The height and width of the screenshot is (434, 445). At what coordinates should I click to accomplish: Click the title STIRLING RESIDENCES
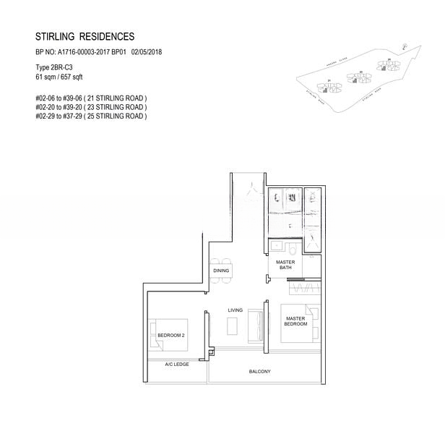pyautogui.click(x=85, y=36)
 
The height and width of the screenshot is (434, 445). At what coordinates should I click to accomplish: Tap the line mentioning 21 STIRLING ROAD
pyautogui.click(x=90, y=98)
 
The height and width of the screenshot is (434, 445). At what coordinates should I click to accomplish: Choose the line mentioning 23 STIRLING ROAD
pyautogui.click(x=90, y=106)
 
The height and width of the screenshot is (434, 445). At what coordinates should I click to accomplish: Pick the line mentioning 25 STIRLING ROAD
pyautogui.click(x=90, y=116)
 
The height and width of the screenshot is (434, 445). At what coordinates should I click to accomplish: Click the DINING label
pyautogui.click(x=221, y=271)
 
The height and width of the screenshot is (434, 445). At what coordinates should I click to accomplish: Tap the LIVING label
pyautogui.click(x=236, y=310)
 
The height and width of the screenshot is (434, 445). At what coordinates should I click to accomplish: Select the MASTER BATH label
pyautogui.click(x=285, y=265)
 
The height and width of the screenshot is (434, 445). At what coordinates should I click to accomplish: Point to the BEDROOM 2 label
pyautogui.click(x=171, y=336)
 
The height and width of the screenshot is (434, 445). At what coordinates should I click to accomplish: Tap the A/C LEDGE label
pyautogui.click(x=176, y=365)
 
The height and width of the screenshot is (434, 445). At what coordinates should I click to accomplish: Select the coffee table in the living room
pyautogui.click(x=232, y=327)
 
